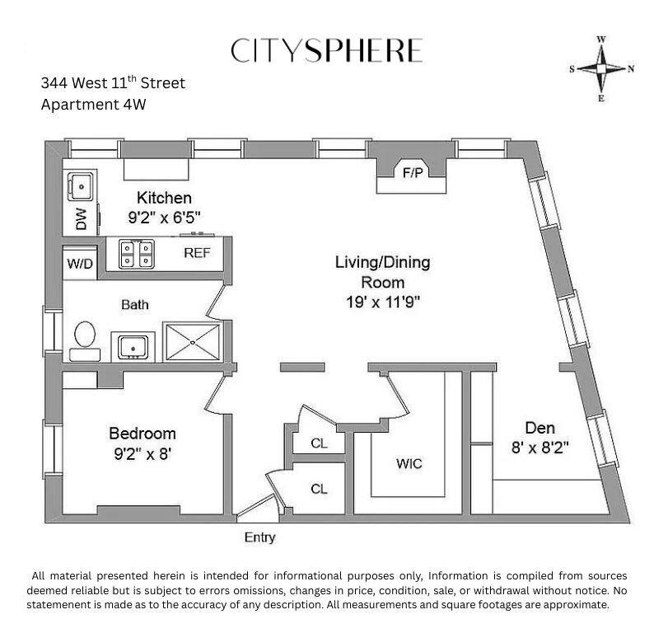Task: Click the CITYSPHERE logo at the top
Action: (326, 50)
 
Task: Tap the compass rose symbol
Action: (601, 68)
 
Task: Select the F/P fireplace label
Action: (411, 174)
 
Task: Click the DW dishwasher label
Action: (81, 218)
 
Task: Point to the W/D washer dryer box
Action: (80, 263)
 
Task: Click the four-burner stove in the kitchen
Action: (138, 253)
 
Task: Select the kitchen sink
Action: (82, 187)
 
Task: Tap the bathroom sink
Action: (133, 345)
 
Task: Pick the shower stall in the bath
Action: (193, 340)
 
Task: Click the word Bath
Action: (135, 305)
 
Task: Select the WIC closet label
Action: (409, 464)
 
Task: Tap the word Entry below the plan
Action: (259, 538)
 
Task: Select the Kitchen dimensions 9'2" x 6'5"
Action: (165, 218)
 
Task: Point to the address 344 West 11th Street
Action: (113, 83)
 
